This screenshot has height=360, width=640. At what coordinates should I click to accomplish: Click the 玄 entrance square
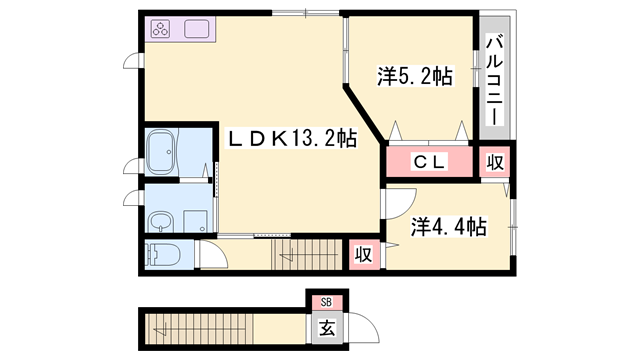(x=326, y=326)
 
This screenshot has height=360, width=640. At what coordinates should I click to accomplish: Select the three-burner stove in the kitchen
(x=162, y=30)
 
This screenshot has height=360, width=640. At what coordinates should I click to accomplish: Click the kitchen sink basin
(x=196, y=30)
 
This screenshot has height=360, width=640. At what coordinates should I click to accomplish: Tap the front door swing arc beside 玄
(x=357, y=330)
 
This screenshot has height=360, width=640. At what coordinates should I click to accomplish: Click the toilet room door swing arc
(x=212, y=255)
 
